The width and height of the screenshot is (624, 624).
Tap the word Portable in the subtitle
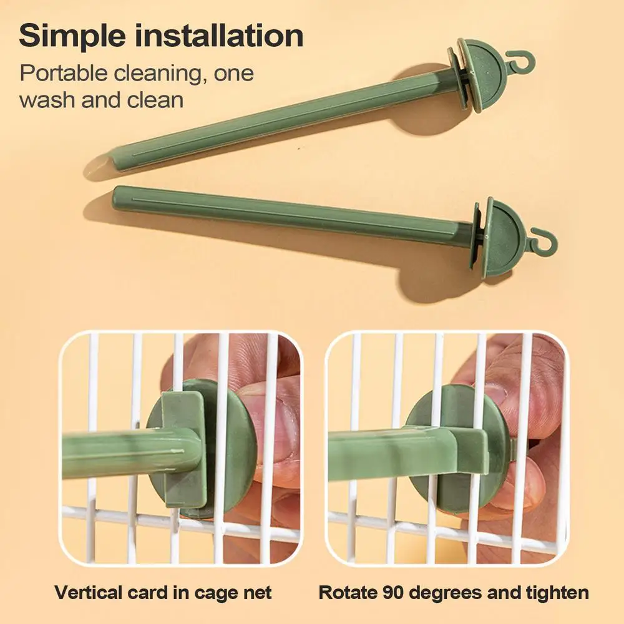point(64,73)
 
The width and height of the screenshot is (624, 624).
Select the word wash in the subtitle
point(46,100)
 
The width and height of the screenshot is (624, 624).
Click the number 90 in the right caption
point(394,593)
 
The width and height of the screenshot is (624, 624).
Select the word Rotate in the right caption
point(348,593)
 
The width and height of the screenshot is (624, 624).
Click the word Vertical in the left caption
point(89,593)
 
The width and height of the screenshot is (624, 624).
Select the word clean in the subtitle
point(155,100)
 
